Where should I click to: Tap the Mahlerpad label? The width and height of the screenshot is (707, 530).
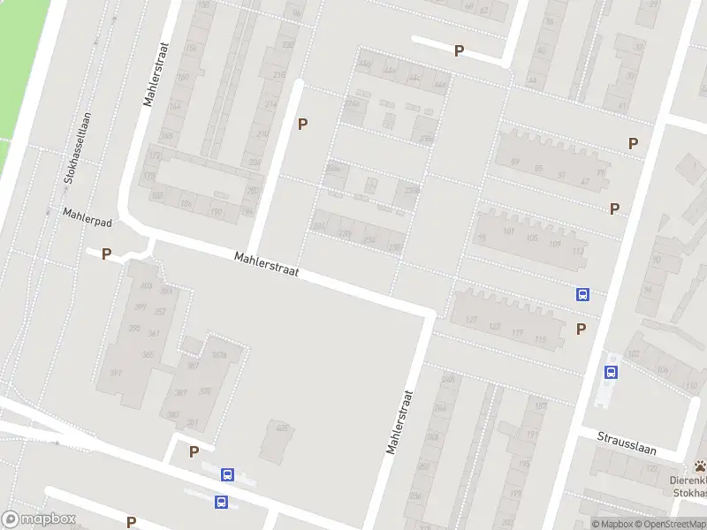coord(84,215)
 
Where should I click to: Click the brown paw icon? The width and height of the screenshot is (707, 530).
coord(700,466)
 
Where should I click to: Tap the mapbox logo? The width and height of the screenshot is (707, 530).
coord(38,519)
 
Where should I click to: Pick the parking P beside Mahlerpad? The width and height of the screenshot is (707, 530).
coord(106,254)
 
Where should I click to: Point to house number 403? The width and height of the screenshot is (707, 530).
coord(145,286)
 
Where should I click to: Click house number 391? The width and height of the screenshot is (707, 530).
coord(115,373)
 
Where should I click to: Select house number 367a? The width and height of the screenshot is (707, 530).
coord(219,356)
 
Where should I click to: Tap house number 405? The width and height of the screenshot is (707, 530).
coord(282,428)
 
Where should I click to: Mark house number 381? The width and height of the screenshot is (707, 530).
coord(192,422)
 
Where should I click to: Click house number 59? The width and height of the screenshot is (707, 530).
coord(514,162)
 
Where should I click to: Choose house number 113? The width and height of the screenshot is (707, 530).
coord(578,252)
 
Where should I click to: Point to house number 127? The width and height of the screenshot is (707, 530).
coord(471,319)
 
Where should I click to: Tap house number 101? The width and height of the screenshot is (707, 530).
coord(507,231)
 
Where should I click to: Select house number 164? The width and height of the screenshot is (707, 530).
coord(175,106)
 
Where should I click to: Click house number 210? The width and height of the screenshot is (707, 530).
coord(262,133)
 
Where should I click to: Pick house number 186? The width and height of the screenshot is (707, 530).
coord(186,203)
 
